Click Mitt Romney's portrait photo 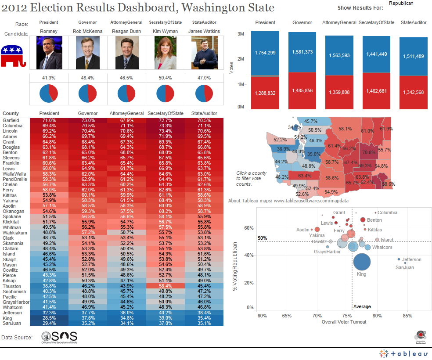coord(49,53)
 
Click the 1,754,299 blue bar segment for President coord(265,53)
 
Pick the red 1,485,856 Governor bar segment coord(302,90)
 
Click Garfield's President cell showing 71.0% coord(49,120)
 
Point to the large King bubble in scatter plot coord(362,262)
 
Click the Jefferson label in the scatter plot coord(411,259)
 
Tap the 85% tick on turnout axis coord(407,316)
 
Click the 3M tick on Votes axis coord(241,34)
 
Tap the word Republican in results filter coord(401,3)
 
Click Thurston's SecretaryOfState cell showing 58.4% coord(162,286)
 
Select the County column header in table coord(11,113)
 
